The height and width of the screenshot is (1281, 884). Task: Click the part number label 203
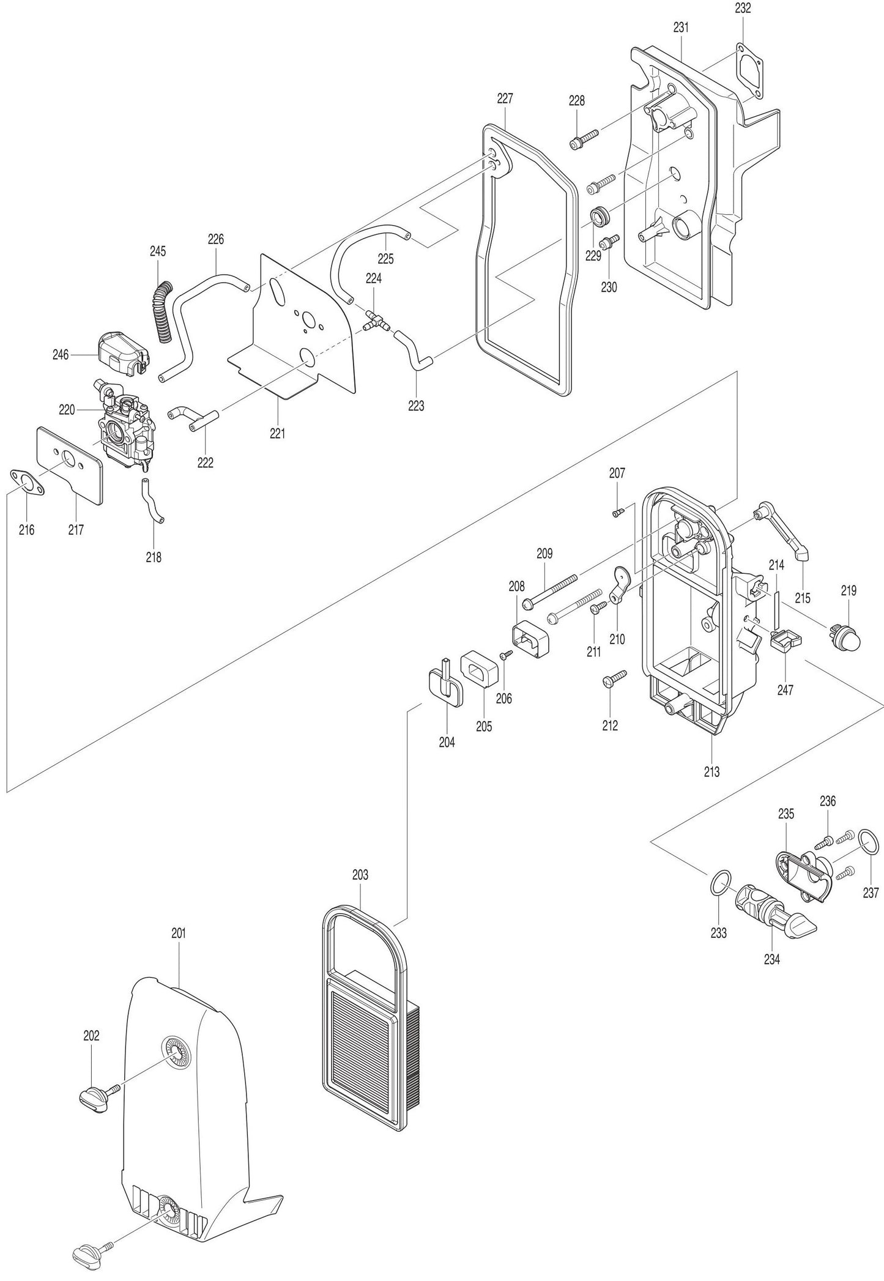tap(360, 875)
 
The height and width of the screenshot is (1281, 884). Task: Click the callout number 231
tap(680, 28)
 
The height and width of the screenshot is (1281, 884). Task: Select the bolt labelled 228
tap(585, 139)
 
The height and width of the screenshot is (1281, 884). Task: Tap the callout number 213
tap(711, 772)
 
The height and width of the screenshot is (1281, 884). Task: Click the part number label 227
tap(505, 98)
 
